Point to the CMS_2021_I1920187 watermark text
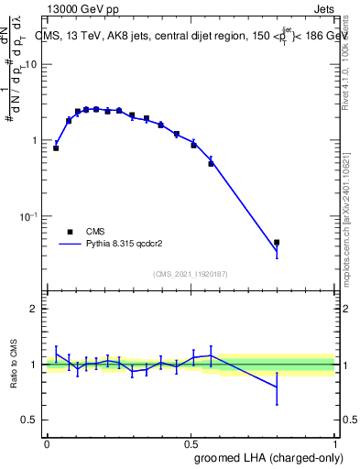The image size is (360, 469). [x=191, y=274]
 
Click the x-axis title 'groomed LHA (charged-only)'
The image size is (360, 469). [x=264, y=457]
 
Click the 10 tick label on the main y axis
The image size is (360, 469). [x=30, y=64]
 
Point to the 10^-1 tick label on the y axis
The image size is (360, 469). [x=28, y=216]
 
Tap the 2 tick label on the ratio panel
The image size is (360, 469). [x=33, y=309]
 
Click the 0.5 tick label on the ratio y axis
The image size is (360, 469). [x=29, y=420]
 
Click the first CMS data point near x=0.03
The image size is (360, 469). [x=56, y=147]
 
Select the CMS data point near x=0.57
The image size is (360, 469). [x=211, y=164]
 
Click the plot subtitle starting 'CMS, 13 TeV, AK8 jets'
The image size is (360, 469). [x=174, y=36]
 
